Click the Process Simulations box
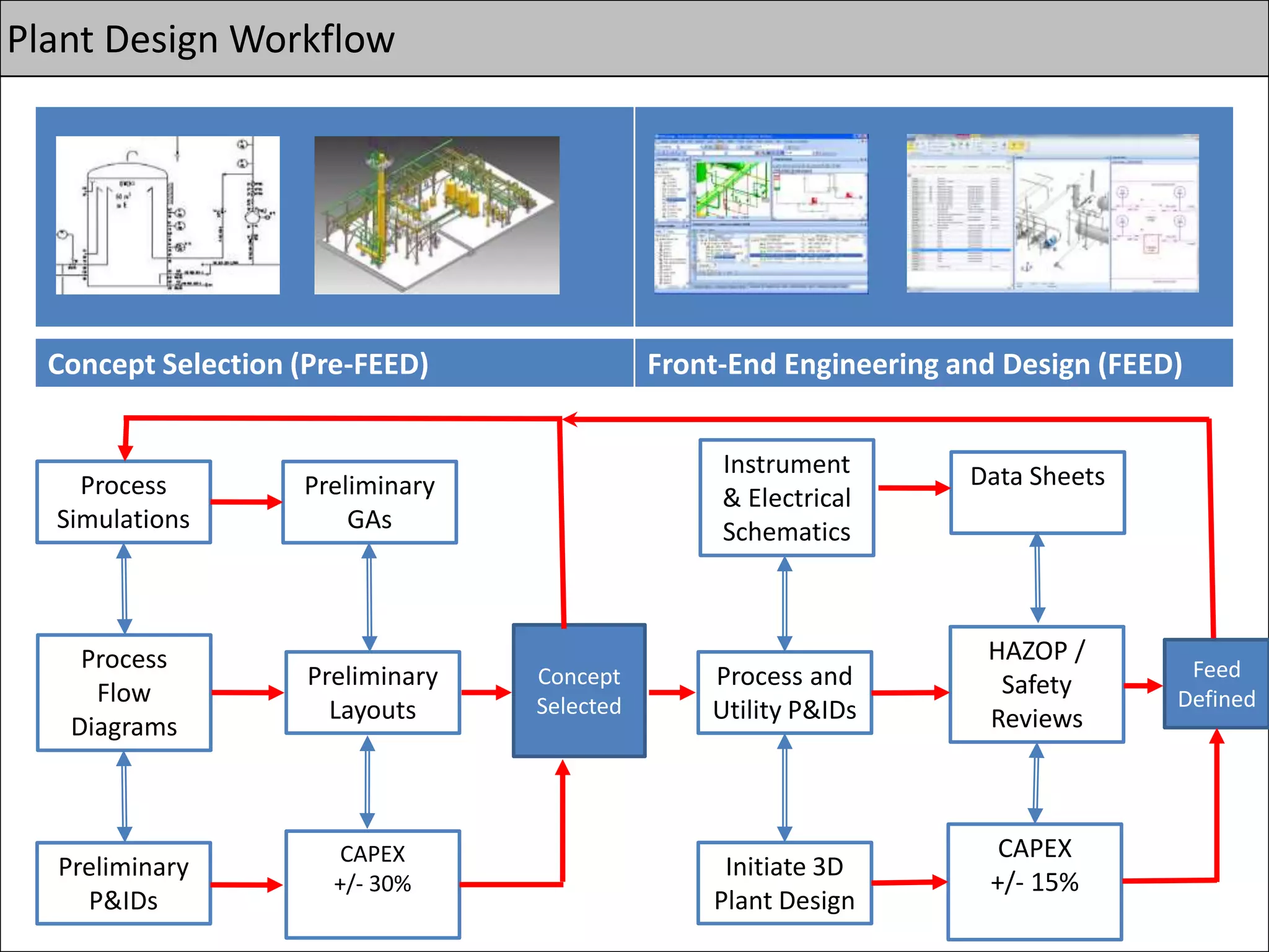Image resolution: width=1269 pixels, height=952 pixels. (x=124, y=502)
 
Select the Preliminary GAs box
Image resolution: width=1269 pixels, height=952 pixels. (x=370, y=502)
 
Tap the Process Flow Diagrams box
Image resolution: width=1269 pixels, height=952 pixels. (x=124, y=692)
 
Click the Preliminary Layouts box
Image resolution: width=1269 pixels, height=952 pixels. (x=372, y=692)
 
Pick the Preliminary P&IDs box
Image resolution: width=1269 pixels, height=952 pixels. (x=124, y=883)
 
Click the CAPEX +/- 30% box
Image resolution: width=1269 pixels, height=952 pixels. (x=372, y=884)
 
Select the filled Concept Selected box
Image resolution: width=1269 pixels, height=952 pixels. (x=579, y=690)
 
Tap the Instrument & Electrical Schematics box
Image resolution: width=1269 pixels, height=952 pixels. (x=786, y=498)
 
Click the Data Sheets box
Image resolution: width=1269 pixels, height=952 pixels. (x=1037, y=492)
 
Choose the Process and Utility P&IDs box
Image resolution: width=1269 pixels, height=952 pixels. (x=784, y=692)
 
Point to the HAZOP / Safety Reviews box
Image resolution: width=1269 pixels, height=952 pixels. (x=1037, y=684)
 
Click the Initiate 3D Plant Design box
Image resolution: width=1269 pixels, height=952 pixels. (x=784, y=883)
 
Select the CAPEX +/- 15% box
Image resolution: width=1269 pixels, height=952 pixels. (x=1035, y=881)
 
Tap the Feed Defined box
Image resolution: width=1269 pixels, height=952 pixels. (x=1216, y=684)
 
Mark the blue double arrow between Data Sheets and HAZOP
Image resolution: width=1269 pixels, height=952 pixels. (x=1037, y=579)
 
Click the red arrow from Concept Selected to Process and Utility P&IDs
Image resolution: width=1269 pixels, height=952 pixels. (x=671, y=692)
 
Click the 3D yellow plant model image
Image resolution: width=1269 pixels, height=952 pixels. (x=437, y=215)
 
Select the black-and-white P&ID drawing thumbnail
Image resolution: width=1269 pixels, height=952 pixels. (x=167, y=215)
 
